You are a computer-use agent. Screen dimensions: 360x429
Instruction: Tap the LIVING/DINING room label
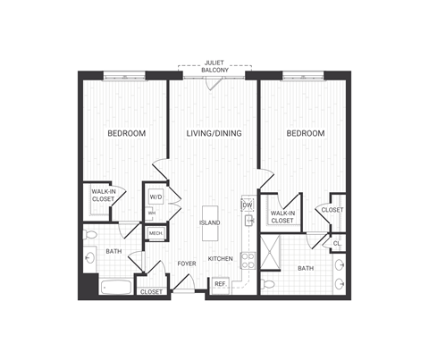214,134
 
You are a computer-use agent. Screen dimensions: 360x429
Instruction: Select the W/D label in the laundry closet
155,197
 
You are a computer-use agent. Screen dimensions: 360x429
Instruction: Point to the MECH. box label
155,233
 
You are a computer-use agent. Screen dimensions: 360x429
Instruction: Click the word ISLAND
210,222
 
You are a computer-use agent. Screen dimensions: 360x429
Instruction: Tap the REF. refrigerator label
220,285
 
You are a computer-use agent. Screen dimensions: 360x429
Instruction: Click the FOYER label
186,264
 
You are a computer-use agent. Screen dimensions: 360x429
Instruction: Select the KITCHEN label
221,259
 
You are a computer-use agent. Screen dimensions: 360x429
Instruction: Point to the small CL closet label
337,243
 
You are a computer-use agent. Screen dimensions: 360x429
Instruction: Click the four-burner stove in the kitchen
249,261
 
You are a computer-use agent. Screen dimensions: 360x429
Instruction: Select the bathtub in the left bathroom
114,289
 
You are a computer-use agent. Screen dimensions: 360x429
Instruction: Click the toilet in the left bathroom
91,235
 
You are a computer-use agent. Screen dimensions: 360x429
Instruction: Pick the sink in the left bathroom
90,259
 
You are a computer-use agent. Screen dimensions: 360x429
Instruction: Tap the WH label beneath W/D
152,212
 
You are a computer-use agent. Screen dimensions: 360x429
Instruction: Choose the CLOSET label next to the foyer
152,291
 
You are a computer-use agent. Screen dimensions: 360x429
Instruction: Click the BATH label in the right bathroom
306,268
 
